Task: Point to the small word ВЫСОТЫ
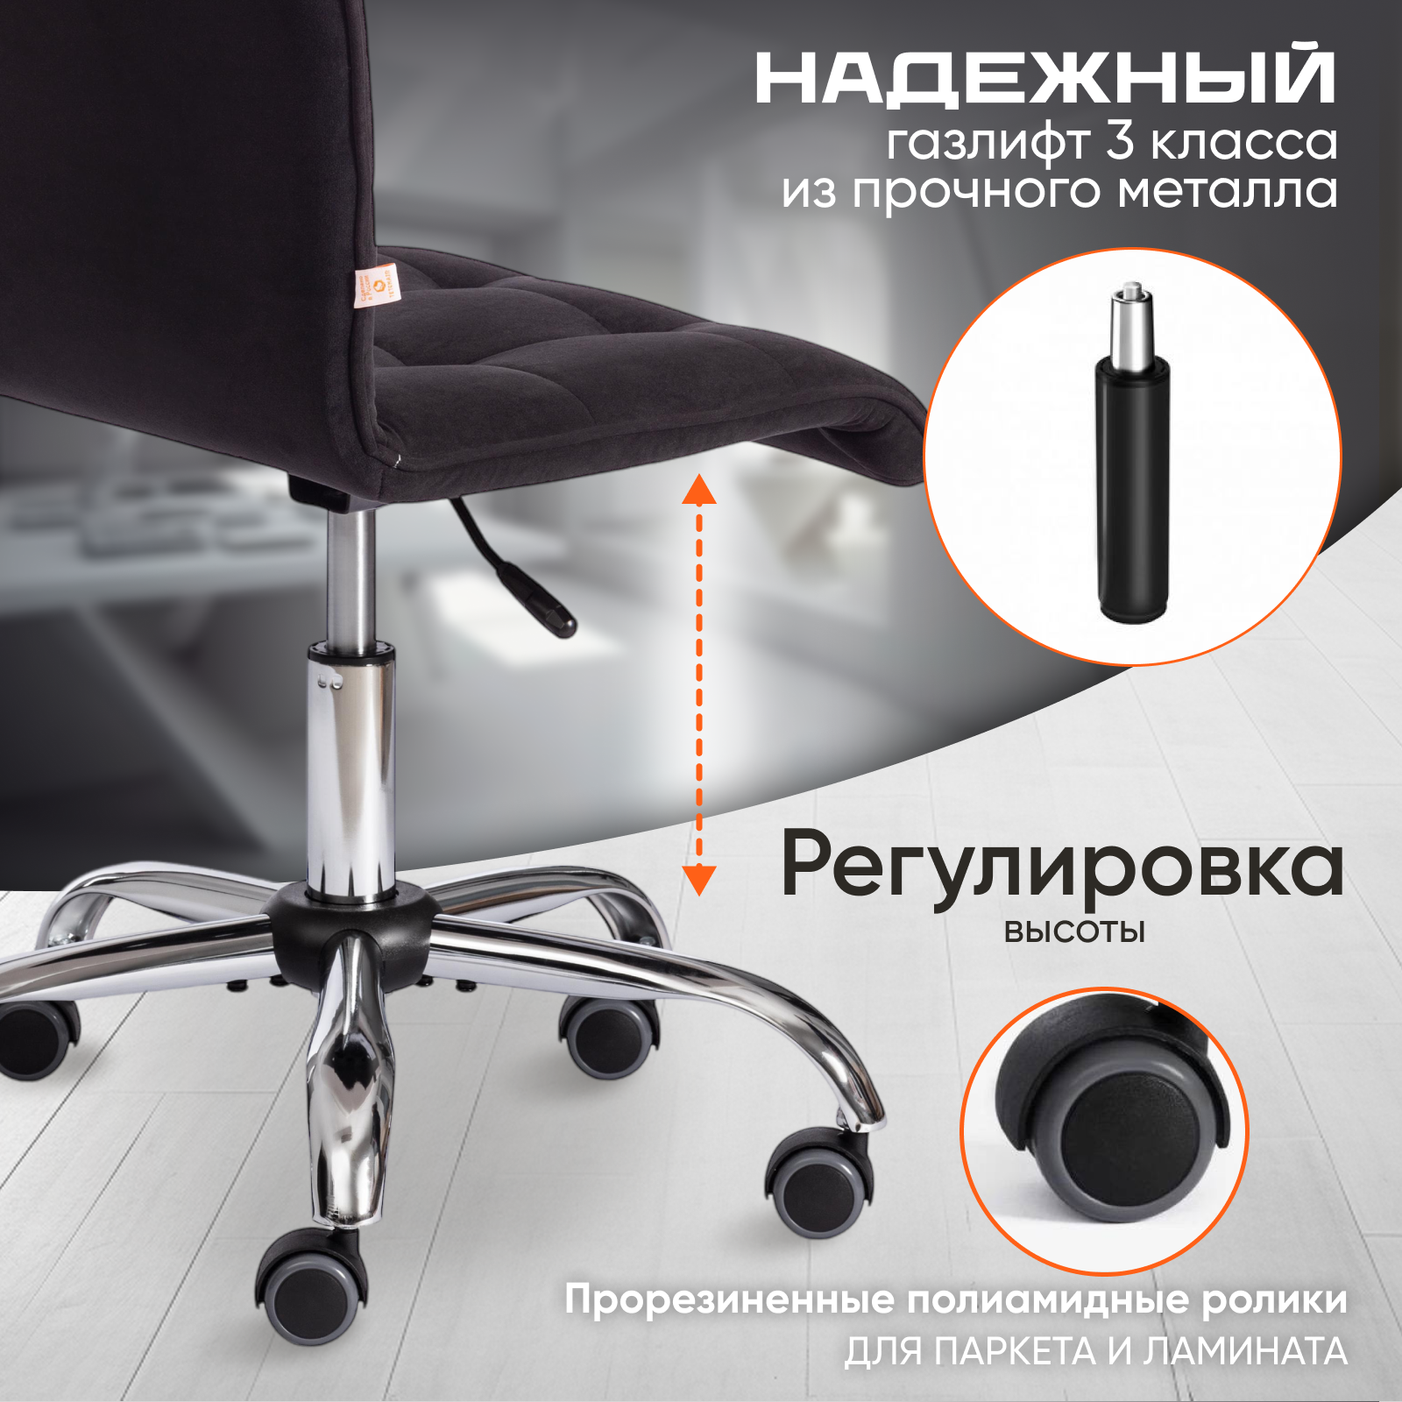click(1074, 931)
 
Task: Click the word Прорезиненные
click(729, 1300)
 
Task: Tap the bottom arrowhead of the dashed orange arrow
click(699, 879)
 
